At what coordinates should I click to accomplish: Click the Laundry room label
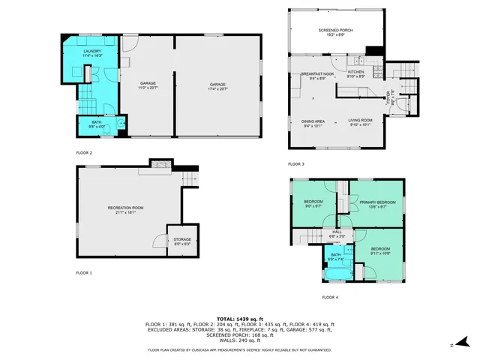click(92, 53)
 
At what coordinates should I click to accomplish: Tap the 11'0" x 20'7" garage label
click(147, 86)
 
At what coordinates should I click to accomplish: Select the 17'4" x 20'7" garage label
click(217, 86)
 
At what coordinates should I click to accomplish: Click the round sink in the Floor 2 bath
click(121, 123)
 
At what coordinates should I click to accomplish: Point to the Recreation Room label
click(125, 209)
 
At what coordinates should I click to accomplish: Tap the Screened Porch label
click(335, 32)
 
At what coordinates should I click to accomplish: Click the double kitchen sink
click(359, 61)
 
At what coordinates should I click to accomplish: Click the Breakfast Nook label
click(313, 76)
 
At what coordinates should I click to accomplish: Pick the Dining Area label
click(313, 123)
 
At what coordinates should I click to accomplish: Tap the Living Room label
click(360, 123)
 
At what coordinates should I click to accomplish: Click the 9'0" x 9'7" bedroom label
click(313, 204)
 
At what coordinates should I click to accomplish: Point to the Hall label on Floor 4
click(337, 234)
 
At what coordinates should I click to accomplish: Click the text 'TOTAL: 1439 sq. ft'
click(239, 319)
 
